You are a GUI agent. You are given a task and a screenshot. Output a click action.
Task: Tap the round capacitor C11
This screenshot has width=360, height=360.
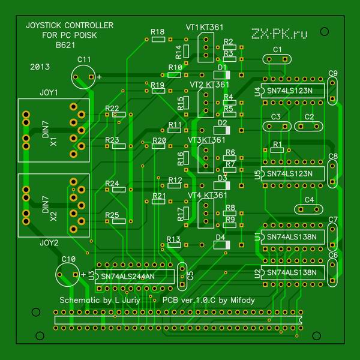pyautogui.click(x=83, y=77)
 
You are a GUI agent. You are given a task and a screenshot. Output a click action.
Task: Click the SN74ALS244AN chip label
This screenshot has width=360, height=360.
pyautogui.click(x=128, y=277)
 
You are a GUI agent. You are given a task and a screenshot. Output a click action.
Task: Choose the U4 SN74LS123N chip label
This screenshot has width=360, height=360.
pyautogui.click(x=290, y=91)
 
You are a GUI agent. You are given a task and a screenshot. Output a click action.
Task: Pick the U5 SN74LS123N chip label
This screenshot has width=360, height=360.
pyautogui.click(x=290, y=173)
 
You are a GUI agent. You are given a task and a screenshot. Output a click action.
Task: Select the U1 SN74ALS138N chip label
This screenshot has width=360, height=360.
pyautogui.click(x=292, y=236)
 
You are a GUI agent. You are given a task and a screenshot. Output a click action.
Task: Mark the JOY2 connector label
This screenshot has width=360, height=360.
pyautogui.click(x=49, y=243)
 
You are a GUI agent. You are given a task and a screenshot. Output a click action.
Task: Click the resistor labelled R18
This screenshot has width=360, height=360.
pyautogui.click(x=158, y=40)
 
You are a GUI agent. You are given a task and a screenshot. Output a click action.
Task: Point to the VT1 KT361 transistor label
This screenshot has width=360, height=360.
pyautogui.click(x=206, y=28)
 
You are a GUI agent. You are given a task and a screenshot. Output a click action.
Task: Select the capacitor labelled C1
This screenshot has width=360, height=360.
pyautogui.click(x=277, y=58)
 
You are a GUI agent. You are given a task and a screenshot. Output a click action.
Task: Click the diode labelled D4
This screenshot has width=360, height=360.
pyautogui.click(x=220, y=245)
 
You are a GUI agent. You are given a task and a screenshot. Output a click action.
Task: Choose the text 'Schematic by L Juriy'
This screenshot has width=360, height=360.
pyautogui.click(x=100, y=299)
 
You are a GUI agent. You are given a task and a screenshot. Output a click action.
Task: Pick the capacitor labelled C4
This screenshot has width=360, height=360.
pyautogui.click(x=310, y=208)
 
